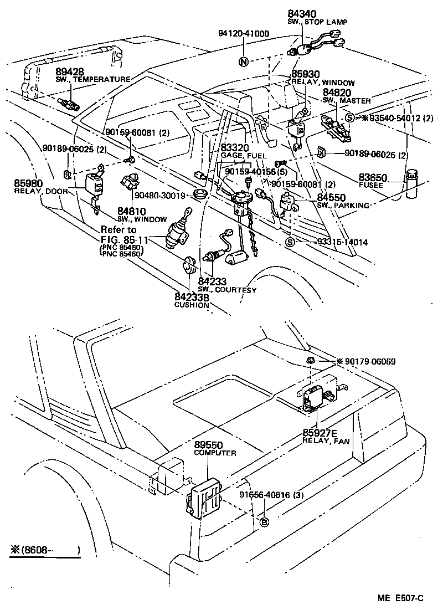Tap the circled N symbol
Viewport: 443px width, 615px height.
tap(243, 61)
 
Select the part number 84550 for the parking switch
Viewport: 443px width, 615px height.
tap(331, 198)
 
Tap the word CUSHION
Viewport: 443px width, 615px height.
tap(192, 305)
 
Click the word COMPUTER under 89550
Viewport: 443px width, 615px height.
tap(215, 453)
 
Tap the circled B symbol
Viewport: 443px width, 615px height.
tap(264, 522)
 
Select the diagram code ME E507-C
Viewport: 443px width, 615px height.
tap(400, 598)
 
